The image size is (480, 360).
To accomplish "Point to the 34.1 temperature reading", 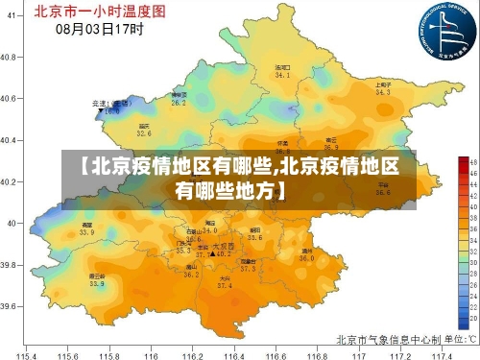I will [x=282, y=74].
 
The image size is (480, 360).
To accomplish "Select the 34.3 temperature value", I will [x=382, y=93].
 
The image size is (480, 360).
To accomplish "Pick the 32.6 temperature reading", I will [x=144, y=133].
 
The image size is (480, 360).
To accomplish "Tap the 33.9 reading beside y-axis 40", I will [x=86, y=231].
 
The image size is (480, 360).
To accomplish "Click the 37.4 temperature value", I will [x=225, y=286].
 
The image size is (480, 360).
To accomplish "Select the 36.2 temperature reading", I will [x=191, y=275].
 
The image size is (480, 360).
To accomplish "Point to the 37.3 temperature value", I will [x=248, y=268].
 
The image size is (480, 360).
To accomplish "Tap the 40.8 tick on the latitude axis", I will [x=12, y=57].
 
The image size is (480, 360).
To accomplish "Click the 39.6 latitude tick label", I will [x=12, y=306].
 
